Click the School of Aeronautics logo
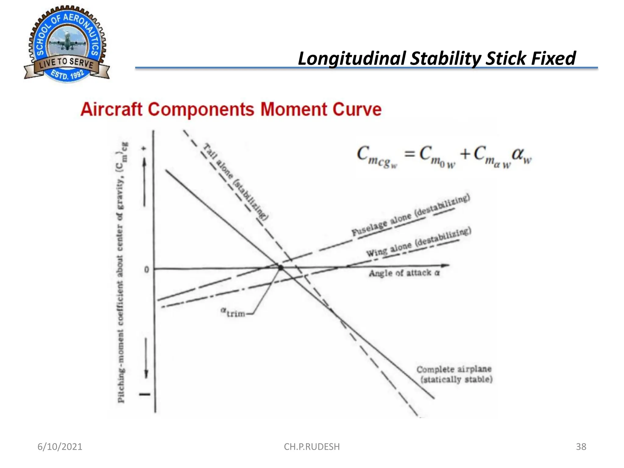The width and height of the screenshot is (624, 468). click(67, 44)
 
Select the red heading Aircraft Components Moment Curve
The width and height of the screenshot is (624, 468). click(231, 109)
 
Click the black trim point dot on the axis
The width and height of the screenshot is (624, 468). click(281, 268)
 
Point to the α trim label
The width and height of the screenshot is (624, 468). click(233, 312)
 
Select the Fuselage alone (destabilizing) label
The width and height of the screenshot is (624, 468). click(411, 215)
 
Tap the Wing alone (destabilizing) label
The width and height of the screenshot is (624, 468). click(419, 242)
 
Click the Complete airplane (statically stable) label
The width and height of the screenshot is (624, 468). click(454, 374)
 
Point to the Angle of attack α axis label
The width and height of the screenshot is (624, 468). click(404, 273)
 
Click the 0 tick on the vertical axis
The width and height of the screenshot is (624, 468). click(147, 270)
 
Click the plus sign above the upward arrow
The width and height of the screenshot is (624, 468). click(144, 149)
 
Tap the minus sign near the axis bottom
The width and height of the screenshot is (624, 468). click(145, 394)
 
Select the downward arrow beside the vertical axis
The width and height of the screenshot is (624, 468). click(146, 358)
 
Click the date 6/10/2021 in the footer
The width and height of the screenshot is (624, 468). click(60, 447)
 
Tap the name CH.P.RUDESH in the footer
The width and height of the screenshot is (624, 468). click(311, 447)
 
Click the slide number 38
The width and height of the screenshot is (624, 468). click(581, 447)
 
